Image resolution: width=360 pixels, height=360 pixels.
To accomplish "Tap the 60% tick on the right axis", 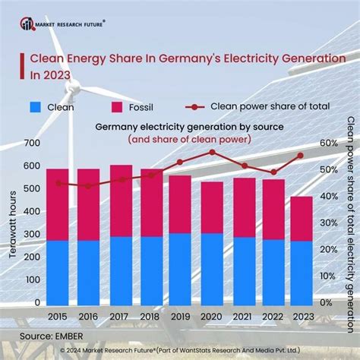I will click(x=328, y=144).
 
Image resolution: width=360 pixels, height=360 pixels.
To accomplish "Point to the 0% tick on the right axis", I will click(x=325, y=302).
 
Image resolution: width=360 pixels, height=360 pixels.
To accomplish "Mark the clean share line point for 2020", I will click(x=212, y=152).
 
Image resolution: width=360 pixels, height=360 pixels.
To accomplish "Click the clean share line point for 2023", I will click(x=301, y=155).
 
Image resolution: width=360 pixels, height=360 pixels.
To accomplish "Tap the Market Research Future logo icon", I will click(x=27, y=24).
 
